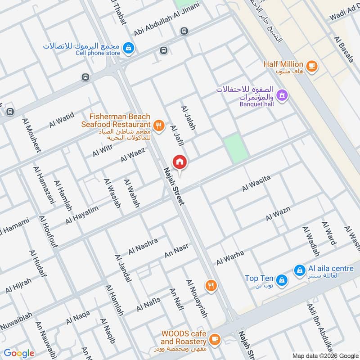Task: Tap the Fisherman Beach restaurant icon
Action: tap(158, 126)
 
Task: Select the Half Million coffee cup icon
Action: tap(312, 66)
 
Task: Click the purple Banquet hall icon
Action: tap(282, 95)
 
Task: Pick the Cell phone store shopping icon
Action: tap(129, 47)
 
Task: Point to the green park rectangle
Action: tap(236, 148)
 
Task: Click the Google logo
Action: tap(18, 353)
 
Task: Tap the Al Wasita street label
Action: tap(256, 183)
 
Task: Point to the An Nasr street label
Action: tap(176, 251)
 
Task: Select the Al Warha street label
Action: tap(230, 257)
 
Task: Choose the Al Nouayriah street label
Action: tap(196, 299)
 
